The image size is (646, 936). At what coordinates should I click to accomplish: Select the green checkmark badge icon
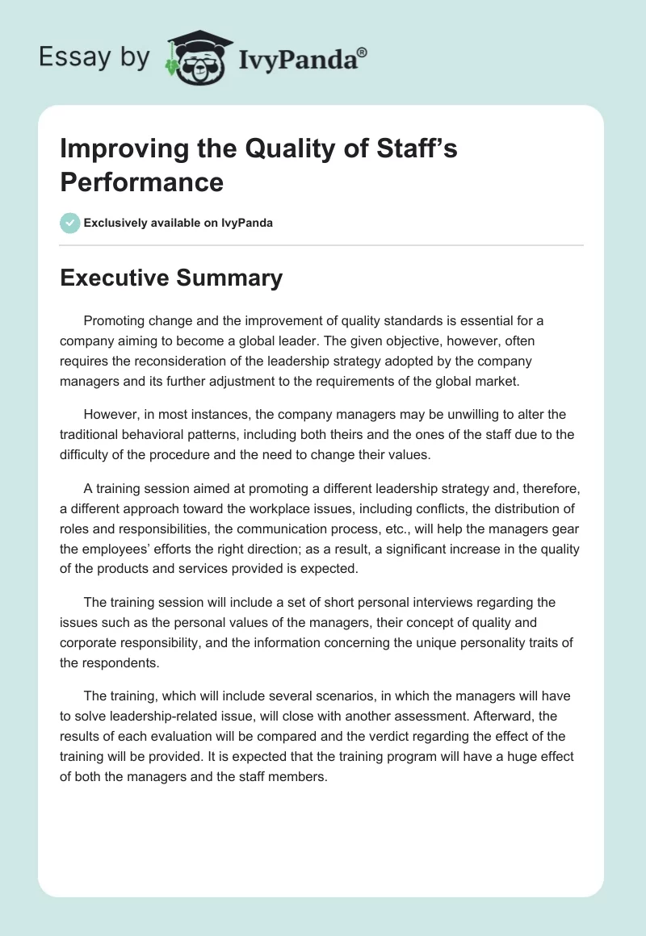click(x=70, y=223)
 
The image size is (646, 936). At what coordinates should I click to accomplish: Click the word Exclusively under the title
click(x=116, y=224)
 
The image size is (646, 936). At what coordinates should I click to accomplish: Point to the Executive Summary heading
click(x=171, y=278)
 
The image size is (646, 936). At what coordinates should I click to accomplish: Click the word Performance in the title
click(x=142, y=182)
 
